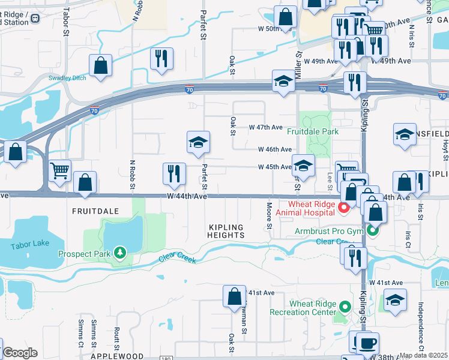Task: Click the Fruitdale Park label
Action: (312, 131)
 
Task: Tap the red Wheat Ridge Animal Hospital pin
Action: (344, 208)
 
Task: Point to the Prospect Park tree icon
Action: (121, 254)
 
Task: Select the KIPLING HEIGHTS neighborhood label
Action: (227, 232)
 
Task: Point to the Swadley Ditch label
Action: (67, 78)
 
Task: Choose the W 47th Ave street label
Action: (265, 128)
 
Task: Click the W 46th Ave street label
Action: (275, 149)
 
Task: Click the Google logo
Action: (20, 353)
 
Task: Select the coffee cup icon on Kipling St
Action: (367, 343)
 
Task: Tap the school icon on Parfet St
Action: (198, 143)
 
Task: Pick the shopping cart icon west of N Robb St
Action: (59, 172)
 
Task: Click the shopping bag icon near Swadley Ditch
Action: (101, 66)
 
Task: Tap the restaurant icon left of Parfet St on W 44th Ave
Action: (174, 174)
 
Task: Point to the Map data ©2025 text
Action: (424, 355)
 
